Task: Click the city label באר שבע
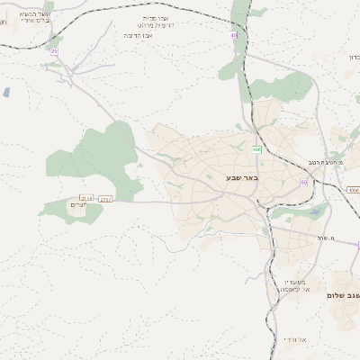click(x=242, y=177)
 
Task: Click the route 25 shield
click(x=54, y=51)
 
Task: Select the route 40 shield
click(x=233, y=36)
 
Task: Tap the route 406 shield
click(x=256, y=149)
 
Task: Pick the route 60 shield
click(x=304, y=183)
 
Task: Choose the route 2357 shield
click(x=107, y=198)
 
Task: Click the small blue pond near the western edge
click(x=6, y=92)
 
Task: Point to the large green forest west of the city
click(x=99, y=153)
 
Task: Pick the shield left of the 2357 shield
click(x=86, y=198)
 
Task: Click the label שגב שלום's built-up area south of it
click(x=341, y=315)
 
